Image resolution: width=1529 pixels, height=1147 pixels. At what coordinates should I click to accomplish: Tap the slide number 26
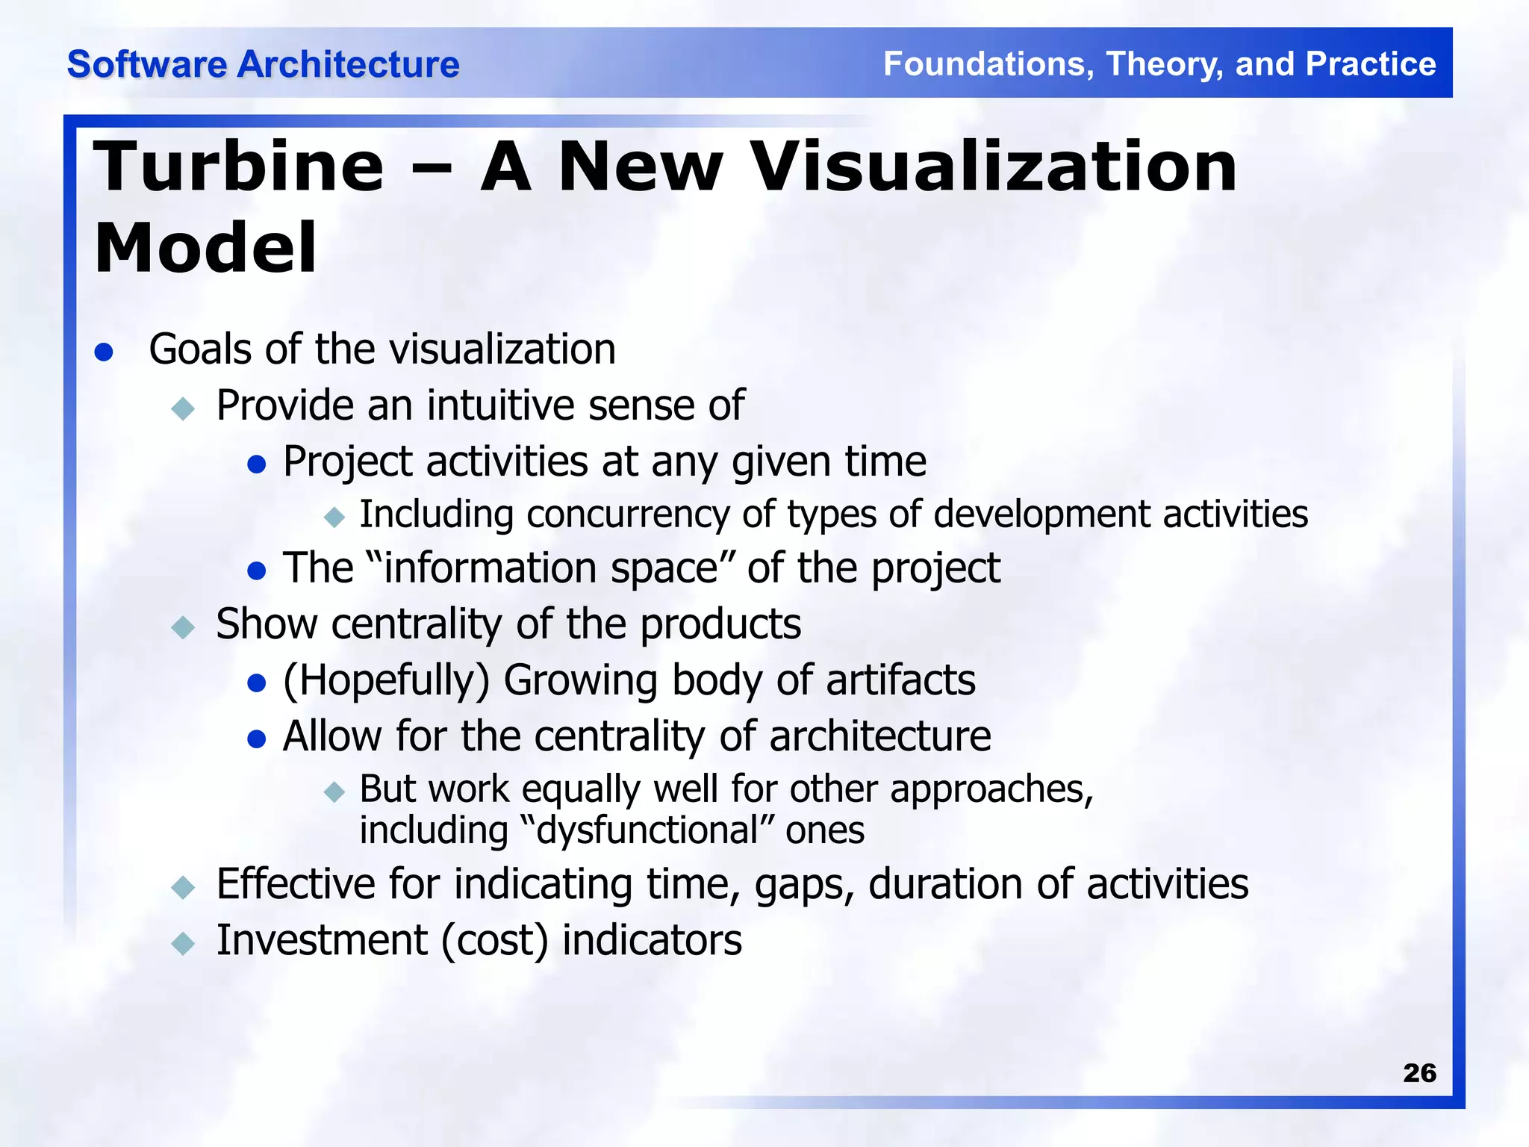pyautogui.click(x=1419, y=1073)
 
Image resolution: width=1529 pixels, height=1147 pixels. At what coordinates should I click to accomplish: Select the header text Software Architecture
pyautogui.click(x=263, y=64)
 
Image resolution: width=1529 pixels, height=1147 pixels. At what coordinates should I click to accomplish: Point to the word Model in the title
pyautogui.click(x=205, y=248)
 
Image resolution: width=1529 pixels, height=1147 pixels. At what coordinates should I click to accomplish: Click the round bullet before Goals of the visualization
pyautogui.click(x=104, y=352)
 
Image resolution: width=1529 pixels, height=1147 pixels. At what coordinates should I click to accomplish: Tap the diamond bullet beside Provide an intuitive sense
pyautogui.click(x=183, y=408)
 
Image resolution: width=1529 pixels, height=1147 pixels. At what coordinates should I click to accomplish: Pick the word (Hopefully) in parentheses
pyautogui.click(x=386, y=681)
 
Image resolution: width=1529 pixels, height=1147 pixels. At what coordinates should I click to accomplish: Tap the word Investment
pyautogui.click(x=322, y=940)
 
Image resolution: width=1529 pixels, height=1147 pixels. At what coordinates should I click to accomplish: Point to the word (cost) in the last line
pyautogui.click(x=494, y=940)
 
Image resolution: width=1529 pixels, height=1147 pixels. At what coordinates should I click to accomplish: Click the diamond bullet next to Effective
pyautogui.click(x=183, y=887)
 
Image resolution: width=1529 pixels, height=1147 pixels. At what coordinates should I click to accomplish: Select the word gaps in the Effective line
pyautogui.click(x=803, y=885)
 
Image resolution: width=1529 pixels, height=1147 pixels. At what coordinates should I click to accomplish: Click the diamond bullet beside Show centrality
pyautogui.click(x=183, y=627)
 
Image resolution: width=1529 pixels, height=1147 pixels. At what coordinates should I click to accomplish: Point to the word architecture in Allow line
pyautogui.click(x=879, y=736)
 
